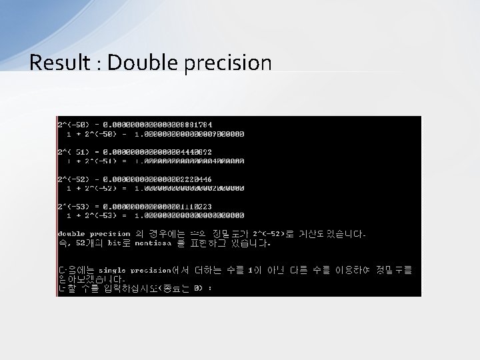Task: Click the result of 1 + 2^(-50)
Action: [x=189, y=134]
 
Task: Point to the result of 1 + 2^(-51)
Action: [x=189, y=161]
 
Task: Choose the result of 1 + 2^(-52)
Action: [x=189, y=188]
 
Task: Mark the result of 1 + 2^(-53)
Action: [x=189, y=215]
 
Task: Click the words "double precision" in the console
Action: [x=94, y=234]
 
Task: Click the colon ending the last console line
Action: [x=210, y=288]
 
